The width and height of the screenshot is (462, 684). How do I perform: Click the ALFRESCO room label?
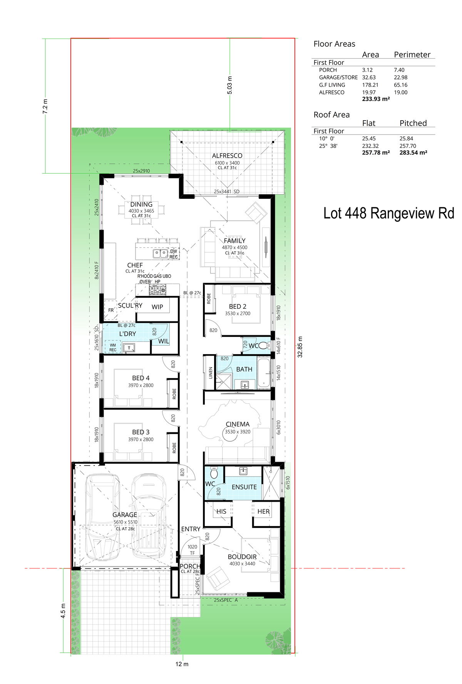point(227,156)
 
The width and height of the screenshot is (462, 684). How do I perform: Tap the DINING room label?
point(141,204)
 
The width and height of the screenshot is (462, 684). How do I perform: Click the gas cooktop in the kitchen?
point(157,290)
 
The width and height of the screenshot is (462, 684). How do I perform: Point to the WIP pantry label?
point(157,307)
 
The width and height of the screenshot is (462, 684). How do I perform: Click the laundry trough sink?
point(130,348)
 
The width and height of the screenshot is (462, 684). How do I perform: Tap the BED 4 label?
point(141,378)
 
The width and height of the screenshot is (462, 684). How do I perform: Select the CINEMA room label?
point(238,424)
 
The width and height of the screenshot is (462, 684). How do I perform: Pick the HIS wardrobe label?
point(221,511)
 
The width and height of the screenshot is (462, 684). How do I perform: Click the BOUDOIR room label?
point(242,557)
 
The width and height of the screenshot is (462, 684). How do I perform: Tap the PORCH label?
point(190,566)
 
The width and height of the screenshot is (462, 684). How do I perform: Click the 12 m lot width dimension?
point(182,664)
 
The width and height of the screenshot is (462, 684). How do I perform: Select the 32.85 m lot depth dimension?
point(300,347)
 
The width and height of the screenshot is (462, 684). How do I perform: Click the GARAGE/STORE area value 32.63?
point(369,77)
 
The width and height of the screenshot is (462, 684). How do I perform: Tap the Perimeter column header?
point(412,55)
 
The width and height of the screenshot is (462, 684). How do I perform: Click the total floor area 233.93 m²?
point(376,99)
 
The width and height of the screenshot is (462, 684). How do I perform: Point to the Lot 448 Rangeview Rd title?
point(389,213)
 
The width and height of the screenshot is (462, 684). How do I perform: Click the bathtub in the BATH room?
point(264,373)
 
